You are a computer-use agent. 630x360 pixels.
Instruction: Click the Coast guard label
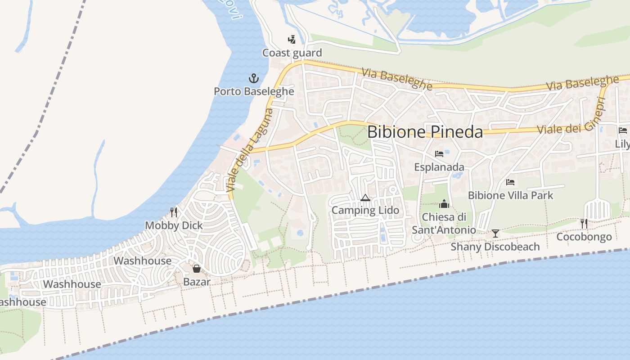click(x=292, y=53)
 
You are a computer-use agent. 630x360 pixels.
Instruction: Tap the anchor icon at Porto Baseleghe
click(x=254, y=79)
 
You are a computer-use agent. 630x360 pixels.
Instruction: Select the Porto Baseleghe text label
click(x=254, y=91)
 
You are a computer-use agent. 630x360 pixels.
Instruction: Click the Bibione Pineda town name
click(x=425, y=132)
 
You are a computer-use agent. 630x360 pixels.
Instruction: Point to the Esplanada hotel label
click(x=439, y=167)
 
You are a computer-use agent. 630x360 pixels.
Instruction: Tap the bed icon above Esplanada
click(x=439, y=154)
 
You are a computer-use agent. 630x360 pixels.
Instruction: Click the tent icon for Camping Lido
click(x=365, y=198)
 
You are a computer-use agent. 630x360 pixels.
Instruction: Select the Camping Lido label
click(x=365, y=210)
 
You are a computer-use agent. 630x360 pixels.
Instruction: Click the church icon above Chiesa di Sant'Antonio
click(x=444, y=204)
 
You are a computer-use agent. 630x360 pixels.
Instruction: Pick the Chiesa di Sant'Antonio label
click(x=444, y=223)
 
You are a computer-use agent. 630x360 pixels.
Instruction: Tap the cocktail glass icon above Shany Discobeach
click(x=495, y=234)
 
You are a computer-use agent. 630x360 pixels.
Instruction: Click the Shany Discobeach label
click(x=495, y=247)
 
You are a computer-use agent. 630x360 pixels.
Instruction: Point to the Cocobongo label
click(x=584, y=237)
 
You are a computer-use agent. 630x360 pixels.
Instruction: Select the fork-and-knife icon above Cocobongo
click(x=584, y=223)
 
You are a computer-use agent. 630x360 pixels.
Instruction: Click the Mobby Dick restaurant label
click(x=174, y=225)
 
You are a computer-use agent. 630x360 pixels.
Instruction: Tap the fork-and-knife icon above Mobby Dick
click(x=174, y=212)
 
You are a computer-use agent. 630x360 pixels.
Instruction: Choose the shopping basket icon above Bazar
click(x=197, y=269)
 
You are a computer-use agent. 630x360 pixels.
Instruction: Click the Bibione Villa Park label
click(x=510, y=195)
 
